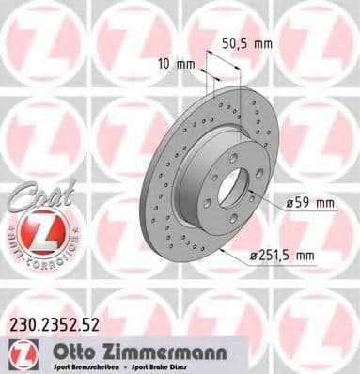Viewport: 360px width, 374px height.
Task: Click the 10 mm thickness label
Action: pos(171,65)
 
